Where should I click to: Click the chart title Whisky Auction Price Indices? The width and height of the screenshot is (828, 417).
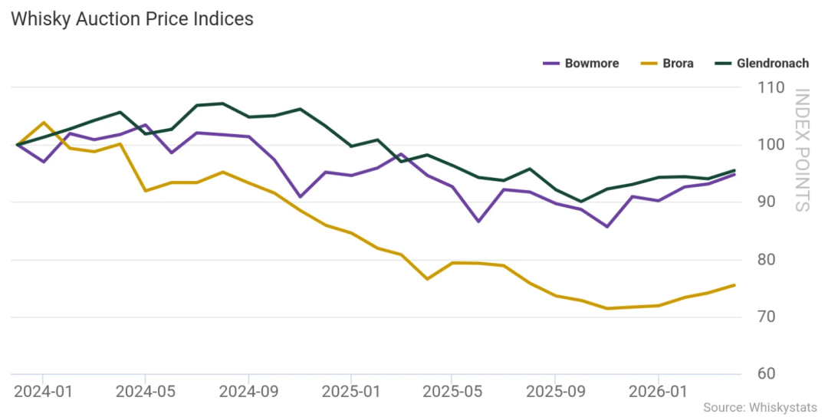coord(132,19)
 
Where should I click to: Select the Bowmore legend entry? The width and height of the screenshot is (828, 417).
coord(581,64)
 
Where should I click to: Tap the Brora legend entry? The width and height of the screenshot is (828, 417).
coord(667,64)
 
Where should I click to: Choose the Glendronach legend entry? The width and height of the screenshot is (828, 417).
coord(761,64)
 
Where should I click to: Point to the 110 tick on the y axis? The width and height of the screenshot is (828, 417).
coord(771,87)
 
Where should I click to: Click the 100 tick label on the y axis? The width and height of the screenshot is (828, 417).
coord(771,145)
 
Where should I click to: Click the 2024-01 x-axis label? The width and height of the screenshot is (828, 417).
coord(42,392)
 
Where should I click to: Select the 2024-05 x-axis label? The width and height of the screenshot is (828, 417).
coord(145,392)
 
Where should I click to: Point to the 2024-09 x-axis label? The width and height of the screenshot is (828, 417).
coord(248,392)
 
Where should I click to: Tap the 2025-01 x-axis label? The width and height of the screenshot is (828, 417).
coord(350,392)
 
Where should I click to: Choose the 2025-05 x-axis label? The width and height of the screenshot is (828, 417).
coord(452,392)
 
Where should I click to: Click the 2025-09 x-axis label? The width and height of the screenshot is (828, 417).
coord(556,392)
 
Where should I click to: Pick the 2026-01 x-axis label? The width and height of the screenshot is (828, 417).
coord(659,392)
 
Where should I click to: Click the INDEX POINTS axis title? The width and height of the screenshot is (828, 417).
coord(802,150)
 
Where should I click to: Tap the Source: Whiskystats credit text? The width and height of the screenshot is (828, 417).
coord(760,408)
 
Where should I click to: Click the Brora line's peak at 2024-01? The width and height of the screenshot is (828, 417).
coord(43,123)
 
